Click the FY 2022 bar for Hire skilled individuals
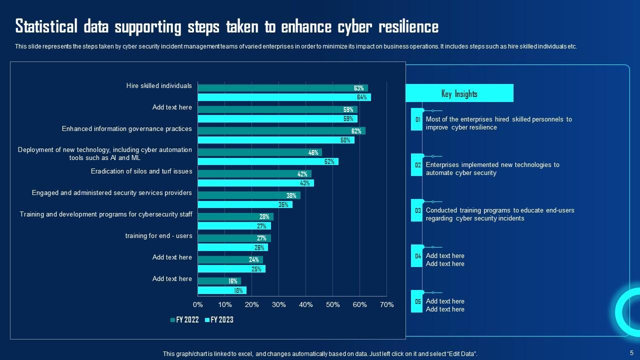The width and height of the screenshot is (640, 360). (282, 88)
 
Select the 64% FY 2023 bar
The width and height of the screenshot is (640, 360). (284, 97)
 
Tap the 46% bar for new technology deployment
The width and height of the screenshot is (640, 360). (259, 152)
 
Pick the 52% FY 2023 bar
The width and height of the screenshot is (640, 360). (268, 161)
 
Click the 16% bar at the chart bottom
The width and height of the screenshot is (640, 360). (219, 281)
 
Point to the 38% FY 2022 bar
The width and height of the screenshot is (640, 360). (248, 195)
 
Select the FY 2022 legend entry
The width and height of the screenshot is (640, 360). (184, 320)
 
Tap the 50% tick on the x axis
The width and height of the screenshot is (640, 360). (332, 304)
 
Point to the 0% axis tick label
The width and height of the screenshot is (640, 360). (198, 304)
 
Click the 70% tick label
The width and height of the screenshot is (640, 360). (386, 304)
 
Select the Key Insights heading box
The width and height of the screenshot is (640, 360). (459, 93)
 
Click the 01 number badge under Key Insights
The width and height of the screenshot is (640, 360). (417, 120)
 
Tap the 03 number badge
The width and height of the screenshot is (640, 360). (417, 210)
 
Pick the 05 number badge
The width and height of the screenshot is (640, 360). (417, 301)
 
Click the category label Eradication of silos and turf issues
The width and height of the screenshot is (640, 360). (141, 171)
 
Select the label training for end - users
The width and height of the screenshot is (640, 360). (158, 235)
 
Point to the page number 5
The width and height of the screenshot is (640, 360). (631, 352)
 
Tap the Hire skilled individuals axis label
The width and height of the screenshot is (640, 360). (159, 86)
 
